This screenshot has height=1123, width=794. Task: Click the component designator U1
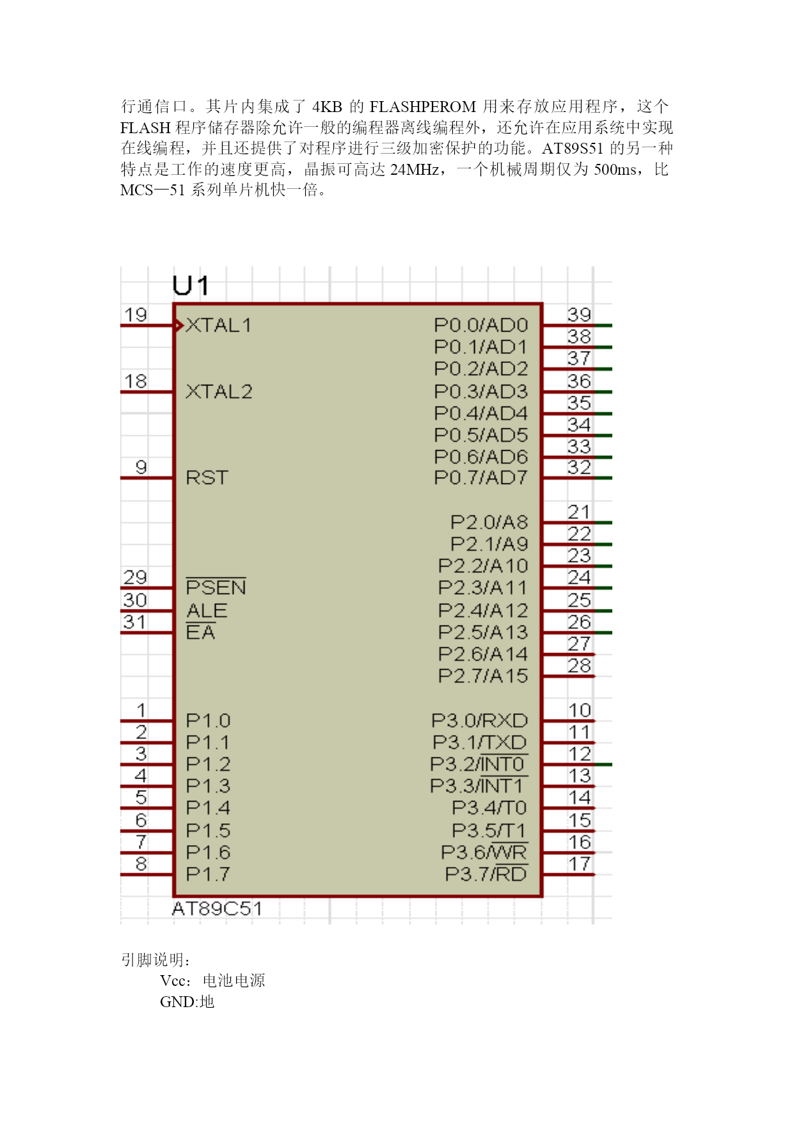coord(191,286)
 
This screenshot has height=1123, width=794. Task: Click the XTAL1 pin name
coord(218,325)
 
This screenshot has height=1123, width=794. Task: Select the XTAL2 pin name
coord(219,391)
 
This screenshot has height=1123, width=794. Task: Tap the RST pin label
coord(207,478)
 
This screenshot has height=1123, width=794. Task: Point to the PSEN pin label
coord(216,586)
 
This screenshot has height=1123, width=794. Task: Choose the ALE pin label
coord(207,610)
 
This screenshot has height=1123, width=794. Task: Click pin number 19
coord(135,315)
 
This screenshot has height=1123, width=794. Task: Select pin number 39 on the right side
coord(579,315)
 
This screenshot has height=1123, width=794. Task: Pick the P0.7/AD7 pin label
coord(480,478)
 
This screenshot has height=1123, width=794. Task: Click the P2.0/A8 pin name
coord(489,522)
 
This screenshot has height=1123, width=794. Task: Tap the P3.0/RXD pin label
coord(479,720)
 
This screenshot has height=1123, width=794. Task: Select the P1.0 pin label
coord(208,720)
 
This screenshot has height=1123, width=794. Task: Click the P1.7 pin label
coord(208,874)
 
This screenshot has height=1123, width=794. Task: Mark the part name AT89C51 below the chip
coord(217,909)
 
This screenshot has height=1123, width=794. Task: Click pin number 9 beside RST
coord(141,467)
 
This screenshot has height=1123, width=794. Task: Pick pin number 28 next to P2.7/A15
coord(579,666)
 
